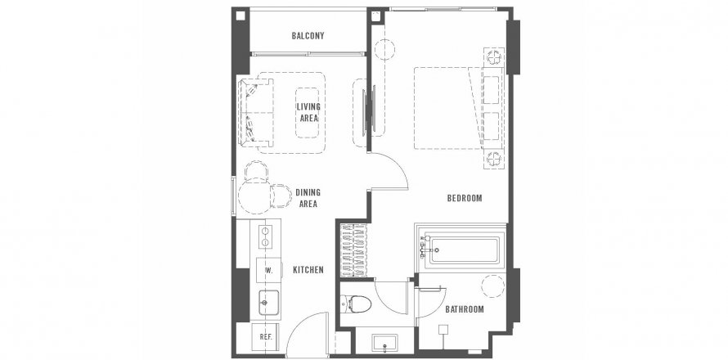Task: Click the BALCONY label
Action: pyautogui.click(x=308, y=36)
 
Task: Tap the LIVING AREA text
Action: pyautogui.click(x=308, y=112)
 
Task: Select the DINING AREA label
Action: pyautogui.click(x=308, y=198)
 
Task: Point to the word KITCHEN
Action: pyautogui.click(x=308, y=270)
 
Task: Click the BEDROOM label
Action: pyautogui.click(x=465, y=198)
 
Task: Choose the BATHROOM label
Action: pyautogui.click(x=465, y=309)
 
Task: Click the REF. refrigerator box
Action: pyautogui.click(x=266, y=337)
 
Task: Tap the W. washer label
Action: pyautogui.click(x=268, y=271)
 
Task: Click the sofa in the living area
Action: pyautogui.click(x=256, y=113)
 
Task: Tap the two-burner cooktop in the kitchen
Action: pyautogui.click(x=265, y=236)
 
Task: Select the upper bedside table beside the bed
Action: pyautogui.click(x=494, y=57)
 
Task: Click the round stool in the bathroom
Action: pyautogui.click(x=492, y=286)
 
